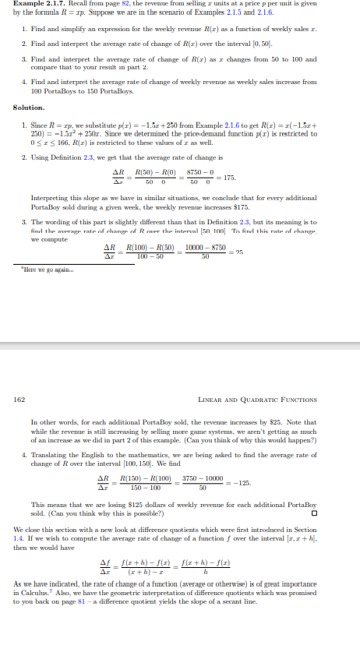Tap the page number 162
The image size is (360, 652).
pos(19,400)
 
